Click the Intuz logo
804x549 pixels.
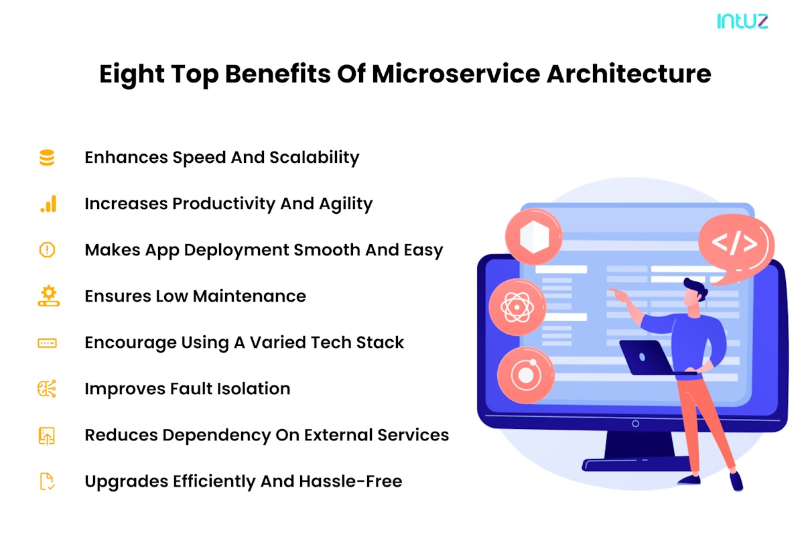tap(742, 21)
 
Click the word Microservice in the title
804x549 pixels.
tap(456, 74)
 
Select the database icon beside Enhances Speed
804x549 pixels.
tap(47, 158)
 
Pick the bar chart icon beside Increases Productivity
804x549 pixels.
tap(48, 204)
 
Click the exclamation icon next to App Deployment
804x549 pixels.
tap(47, 250)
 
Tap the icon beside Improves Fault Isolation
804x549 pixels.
tap(47, 389)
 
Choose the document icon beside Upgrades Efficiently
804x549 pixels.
tap(47, 481)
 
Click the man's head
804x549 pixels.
tap(695, 293)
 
